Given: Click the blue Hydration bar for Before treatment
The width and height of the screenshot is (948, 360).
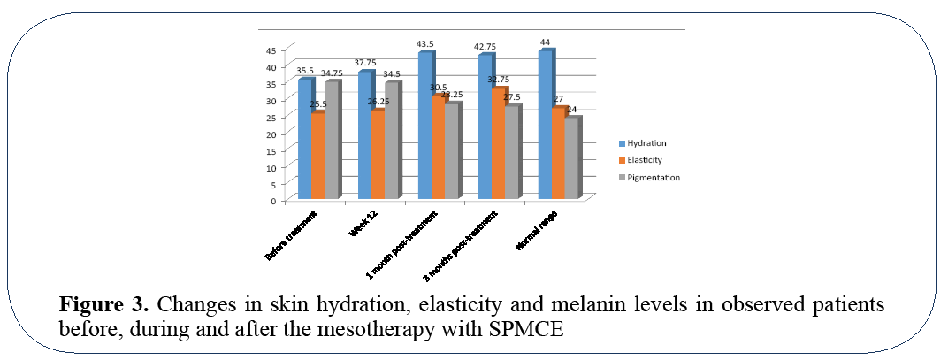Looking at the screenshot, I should pos(304,139).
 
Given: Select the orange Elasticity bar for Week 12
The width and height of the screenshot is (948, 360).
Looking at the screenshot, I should pos(378,155).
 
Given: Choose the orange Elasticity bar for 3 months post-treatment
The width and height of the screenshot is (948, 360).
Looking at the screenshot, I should pos(498,143).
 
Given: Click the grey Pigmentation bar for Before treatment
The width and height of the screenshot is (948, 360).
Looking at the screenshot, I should pos(332,140).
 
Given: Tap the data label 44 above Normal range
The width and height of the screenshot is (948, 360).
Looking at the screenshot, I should pos(546,42).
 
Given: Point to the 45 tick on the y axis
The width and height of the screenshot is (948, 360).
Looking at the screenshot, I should pos(271,50).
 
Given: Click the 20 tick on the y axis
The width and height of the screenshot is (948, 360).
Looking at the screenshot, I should pos(271,134).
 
